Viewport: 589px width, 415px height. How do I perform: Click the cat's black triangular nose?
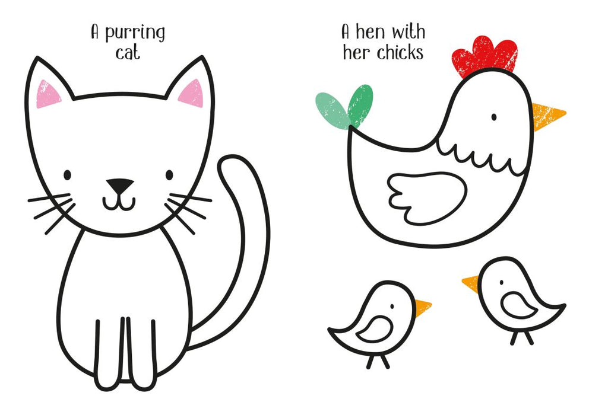click(x=119, y=185)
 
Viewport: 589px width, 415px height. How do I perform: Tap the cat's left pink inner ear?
click(x=47, y=94)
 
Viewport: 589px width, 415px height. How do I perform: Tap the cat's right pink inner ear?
click(x=192, y=93)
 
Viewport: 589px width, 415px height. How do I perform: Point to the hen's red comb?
click(x=484, y=56)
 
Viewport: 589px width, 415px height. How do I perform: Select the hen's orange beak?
click(x=547, y=116)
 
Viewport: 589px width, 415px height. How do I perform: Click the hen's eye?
click(x=494, y=117)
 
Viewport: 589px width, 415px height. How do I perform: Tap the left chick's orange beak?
click(x=423, y=307)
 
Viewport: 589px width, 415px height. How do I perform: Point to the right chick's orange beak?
click(x=471, y=283)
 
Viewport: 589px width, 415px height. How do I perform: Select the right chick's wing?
click(x=518, y=305)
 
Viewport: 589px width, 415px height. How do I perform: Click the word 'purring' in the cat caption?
click(x=135, y=33)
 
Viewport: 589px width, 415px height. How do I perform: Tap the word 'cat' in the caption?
click(x=128, y=53)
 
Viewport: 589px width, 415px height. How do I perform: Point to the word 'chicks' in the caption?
click(x=400, y=52)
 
